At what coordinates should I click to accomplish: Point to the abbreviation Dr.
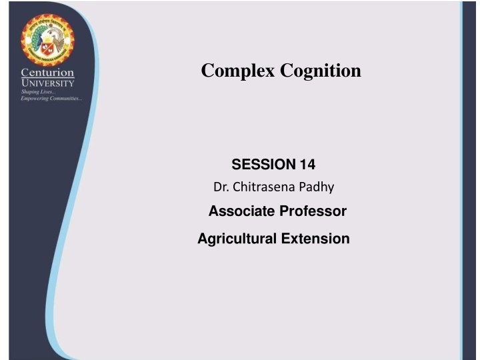click(x=220, y=189)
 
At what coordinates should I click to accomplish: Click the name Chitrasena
click(x=260, y=189)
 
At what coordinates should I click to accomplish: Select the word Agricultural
click(x=233, y=239)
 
